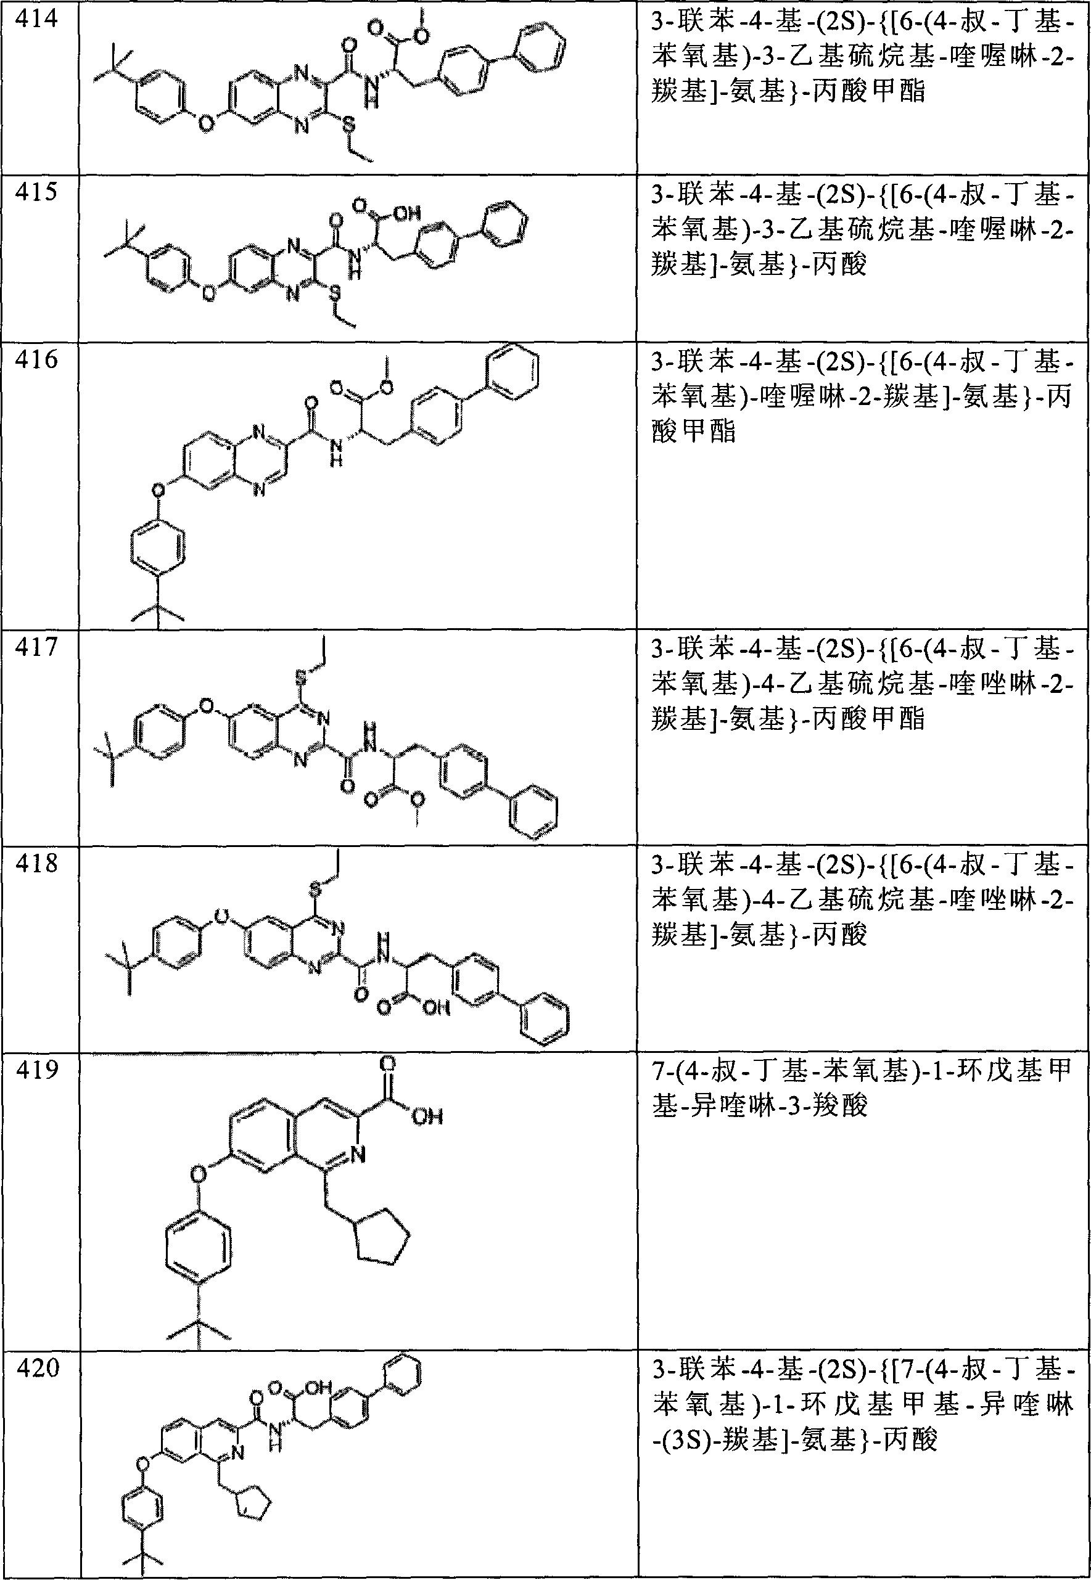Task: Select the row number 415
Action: pyautogui.click(x=37, y=192)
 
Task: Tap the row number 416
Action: pyautogui.click(x=37, y=359)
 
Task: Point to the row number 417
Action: pyautogui.click(x=37, y=645)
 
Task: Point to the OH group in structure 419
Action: pyautogui.click(x=429, y=1116)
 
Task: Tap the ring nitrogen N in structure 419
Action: pyautogui.click(x=359, y=1155)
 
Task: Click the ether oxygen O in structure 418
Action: pyautogui.click(x=221, y=915)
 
